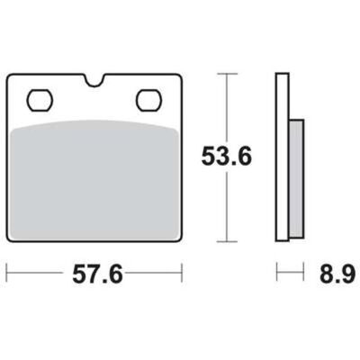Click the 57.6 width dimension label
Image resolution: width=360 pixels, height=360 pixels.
[97, 274]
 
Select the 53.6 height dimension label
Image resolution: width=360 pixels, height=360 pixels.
[227, 157]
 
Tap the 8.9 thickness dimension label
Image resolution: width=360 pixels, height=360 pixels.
[337, 274]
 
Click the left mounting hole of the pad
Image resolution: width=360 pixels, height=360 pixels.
[40, 101]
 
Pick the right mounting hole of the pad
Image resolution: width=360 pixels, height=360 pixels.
[149, 101]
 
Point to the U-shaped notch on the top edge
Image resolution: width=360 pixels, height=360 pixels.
[94, 80]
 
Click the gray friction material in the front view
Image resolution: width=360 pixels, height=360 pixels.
[94, 179]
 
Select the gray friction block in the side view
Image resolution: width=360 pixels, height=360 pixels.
[296, 179]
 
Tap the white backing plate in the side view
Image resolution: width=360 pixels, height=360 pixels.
[282, 157]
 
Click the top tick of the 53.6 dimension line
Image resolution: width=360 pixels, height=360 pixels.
[227, 74]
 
